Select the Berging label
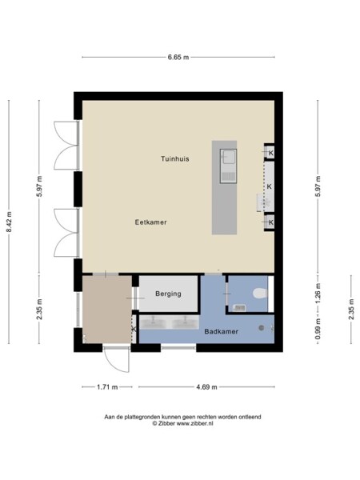point(168,294)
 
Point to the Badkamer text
point(219,330)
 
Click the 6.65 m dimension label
point(178,57)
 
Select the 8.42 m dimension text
point(10,226)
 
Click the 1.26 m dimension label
point(318,293)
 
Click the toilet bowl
point(258,294)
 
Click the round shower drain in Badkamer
point(261,327)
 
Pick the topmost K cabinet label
point(270,153)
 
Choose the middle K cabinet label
point(270,186)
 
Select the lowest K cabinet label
point(270,222)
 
